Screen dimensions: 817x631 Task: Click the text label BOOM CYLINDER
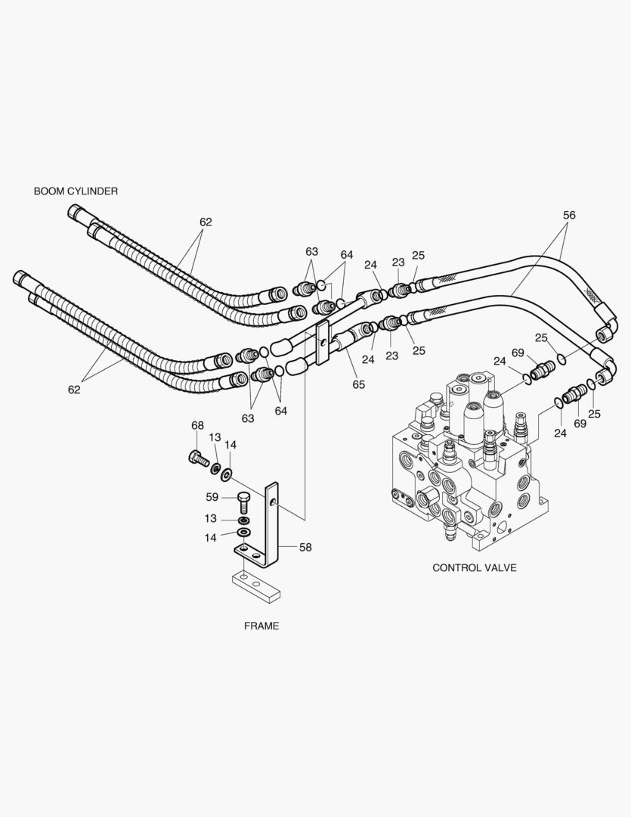click(x=76, y=191)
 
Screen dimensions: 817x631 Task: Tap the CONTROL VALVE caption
click(x=474, y=567)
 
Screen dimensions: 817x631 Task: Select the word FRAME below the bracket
click(x=261, y=626)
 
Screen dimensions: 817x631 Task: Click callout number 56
click(x=568, y=215)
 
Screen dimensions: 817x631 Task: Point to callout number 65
click(x=358, y=384)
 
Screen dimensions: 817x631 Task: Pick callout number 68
click(x=197, y=426)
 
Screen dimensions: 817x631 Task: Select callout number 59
click(x=212, y=497)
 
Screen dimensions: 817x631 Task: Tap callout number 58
click(x=305, y=547)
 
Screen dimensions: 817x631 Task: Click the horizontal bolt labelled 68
click(x=198, y=458)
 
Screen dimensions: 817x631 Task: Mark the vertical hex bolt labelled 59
click(x=243, y=502)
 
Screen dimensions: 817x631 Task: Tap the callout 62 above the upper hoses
click(x=206, y=222)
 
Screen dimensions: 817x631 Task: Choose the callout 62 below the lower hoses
click(x=74, y=390)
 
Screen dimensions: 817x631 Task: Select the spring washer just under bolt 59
click(x=243, y=521)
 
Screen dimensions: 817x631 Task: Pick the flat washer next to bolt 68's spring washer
click(x=227, y=474)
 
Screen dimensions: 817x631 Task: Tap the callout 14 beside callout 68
click(x=230, y=445)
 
